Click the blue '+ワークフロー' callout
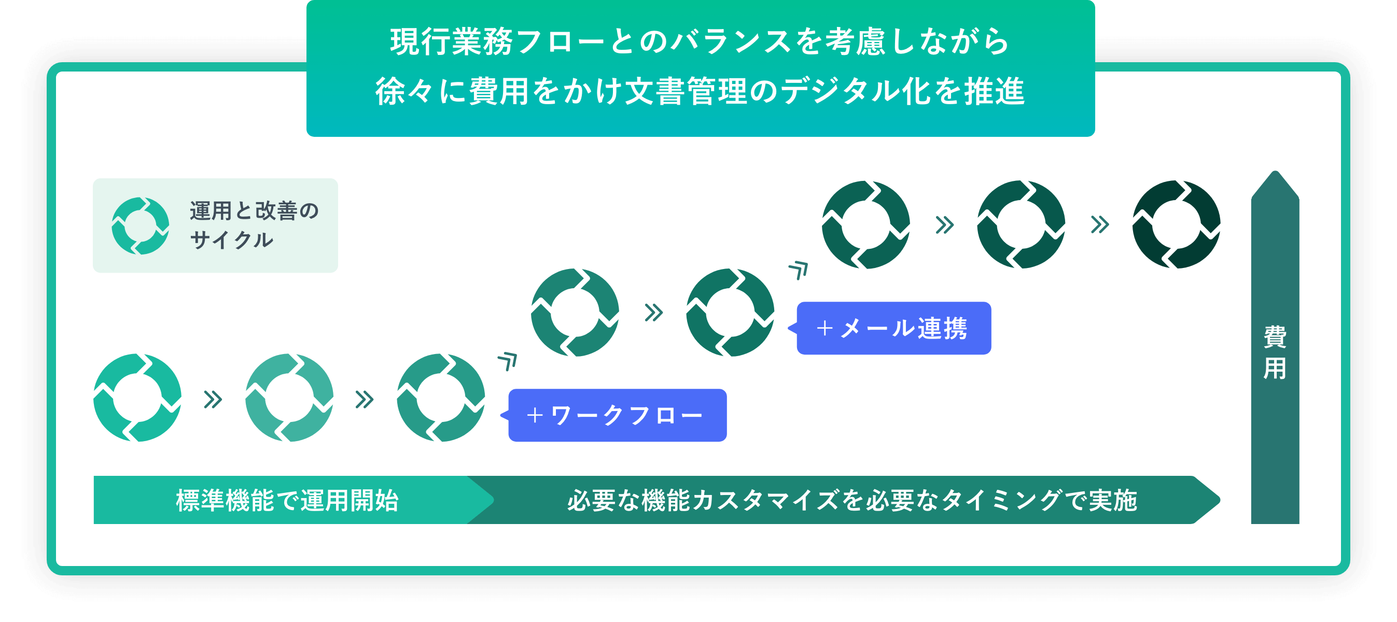(617, 415)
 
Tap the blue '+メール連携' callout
(893, 328)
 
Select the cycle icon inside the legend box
(141, 225)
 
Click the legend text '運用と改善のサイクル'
(254, 225)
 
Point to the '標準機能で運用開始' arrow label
(287, 500)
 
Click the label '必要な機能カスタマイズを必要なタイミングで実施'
(851, 500)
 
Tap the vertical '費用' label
(1275, 352)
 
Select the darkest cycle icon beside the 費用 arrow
(1176, 224)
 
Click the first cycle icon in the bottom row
(137, 398)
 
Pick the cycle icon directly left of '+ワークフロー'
(441, 398)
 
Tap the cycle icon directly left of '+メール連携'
(730, 313)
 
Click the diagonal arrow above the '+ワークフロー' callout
(508, 361)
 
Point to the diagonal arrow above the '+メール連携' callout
(799, 270)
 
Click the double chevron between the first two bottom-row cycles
(213, 400)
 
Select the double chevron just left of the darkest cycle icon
(1100, 224)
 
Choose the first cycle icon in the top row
(865, 224)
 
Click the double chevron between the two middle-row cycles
(653, 313)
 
